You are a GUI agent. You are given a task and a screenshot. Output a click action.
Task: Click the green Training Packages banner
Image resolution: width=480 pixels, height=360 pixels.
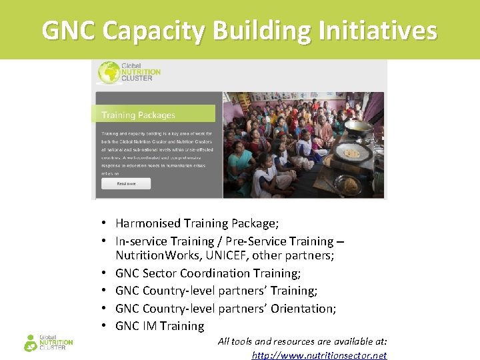tap(156, 115)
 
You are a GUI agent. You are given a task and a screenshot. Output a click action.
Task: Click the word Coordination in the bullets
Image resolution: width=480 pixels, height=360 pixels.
tap(215, 273)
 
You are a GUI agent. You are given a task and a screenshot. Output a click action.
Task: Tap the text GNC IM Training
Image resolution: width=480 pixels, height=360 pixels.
tap(159, 326)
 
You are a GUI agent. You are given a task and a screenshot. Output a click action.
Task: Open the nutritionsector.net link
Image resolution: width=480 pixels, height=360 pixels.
tap(319, 355)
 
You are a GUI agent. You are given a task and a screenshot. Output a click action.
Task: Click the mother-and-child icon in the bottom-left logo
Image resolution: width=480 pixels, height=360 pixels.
tap(30, 343)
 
